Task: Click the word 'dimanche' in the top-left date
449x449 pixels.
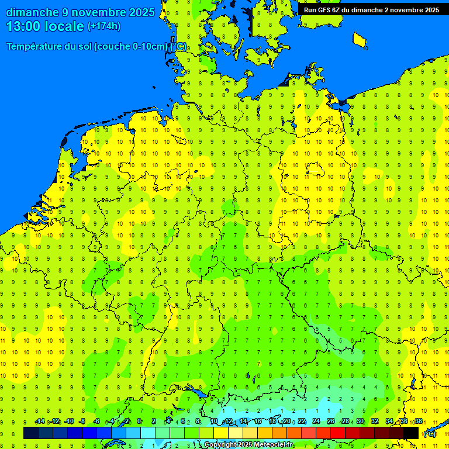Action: click(x=32, y=12)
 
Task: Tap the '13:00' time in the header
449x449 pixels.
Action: click(x=22, y=26)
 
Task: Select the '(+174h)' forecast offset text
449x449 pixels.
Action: click(x=103, y=26)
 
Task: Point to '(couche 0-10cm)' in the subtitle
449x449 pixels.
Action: click(x=132, y=47)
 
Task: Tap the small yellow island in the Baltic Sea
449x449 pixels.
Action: click(x=360, y=39)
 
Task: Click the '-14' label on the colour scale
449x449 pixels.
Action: click(x=40, y=422)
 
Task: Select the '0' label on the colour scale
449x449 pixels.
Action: click(x=139, y=422)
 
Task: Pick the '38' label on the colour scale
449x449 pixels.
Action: click(x=419, y=422)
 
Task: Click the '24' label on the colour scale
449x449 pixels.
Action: click(x=316, y=422)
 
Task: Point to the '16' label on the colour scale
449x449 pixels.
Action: click(x=257, y=422)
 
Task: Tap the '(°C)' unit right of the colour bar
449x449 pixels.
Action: click(x=429, y=433)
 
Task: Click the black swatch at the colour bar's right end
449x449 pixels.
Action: click(x=411, y=433)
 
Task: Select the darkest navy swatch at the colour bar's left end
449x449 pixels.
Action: click(x=31, y=433)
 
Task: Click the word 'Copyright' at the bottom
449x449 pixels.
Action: click(x=222, y=445)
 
